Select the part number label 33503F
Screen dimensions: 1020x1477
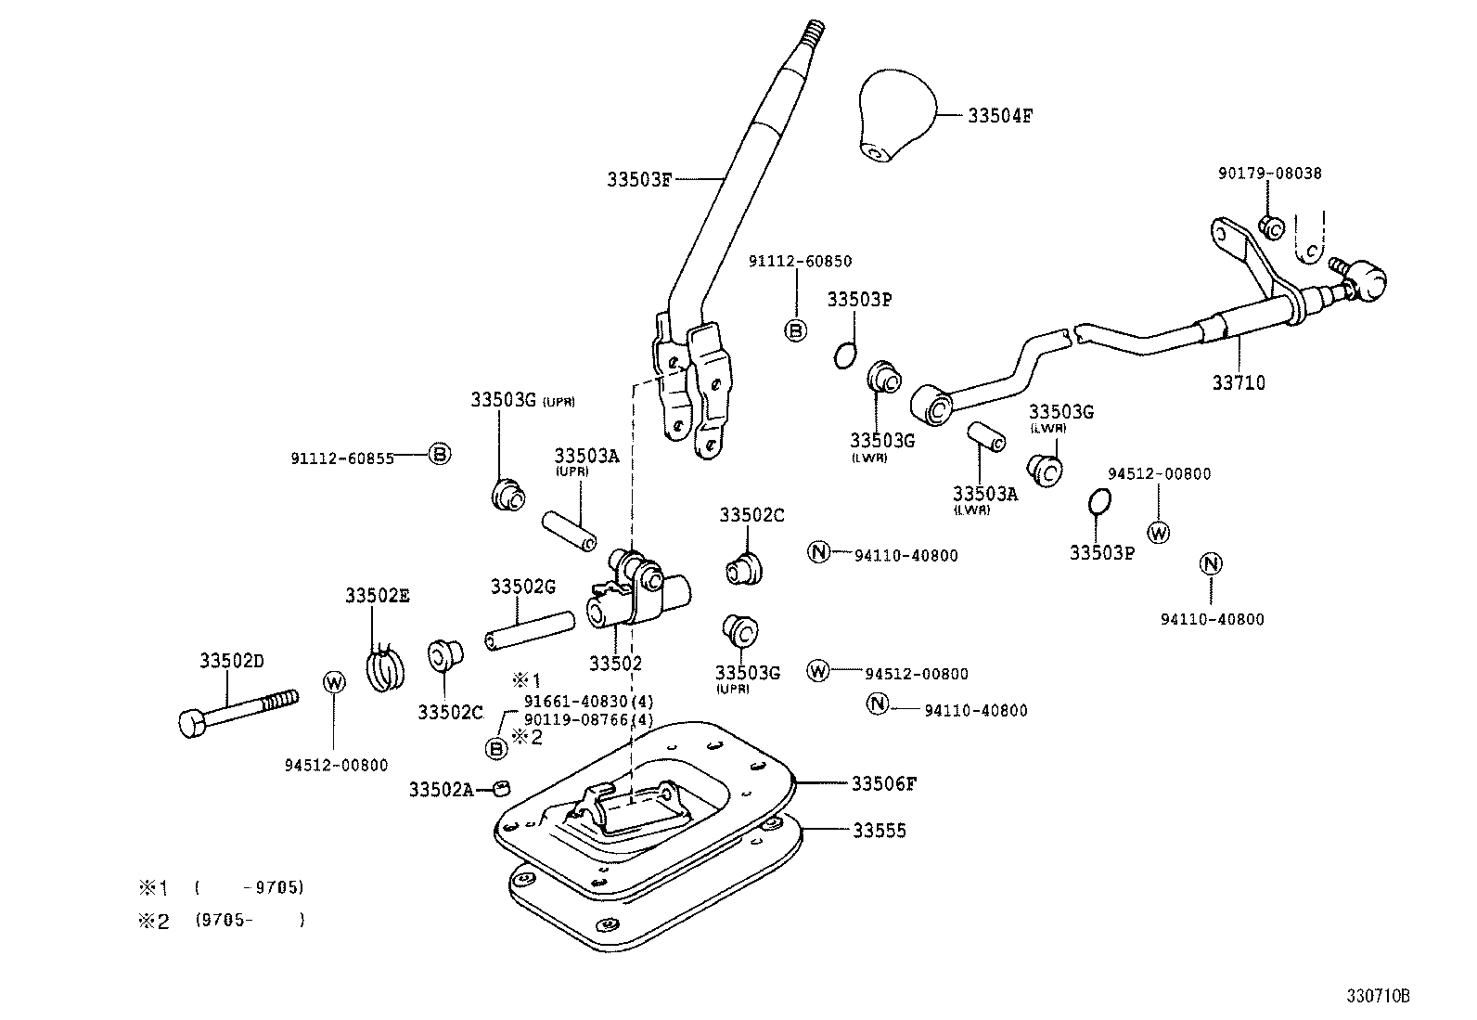click(x=638, y=179)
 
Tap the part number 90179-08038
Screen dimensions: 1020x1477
click(x=1269, y=174)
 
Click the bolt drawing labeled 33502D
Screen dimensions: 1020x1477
click(x=236, y=713)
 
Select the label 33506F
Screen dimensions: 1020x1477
click(x=884, y=784)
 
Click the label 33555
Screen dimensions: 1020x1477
click(x=880, y=831)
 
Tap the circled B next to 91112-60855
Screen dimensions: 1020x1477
click(x=440, y=454)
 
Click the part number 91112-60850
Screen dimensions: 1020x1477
click(x=800, y=262)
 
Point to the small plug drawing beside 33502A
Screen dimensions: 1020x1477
click(x=502, y=788)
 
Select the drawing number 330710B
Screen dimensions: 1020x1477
click(x=1378, y=997)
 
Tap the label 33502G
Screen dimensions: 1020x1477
click(x=522, y=587)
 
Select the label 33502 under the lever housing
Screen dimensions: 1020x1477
click(x=615, y=664)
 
